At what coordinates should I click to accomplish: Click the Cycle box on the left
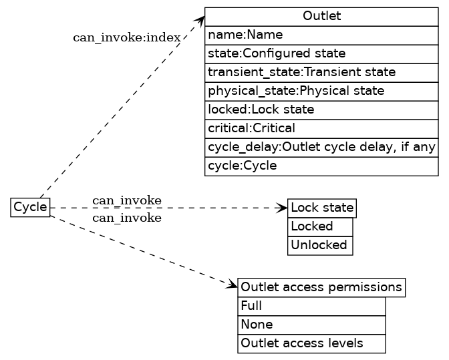pos(31,208)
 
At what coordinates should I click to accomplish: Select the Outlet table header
pos(321,16)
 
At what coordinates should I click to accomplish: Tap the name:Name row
pos(321,35)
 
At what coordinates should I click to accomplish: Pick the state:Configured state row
pos(321,53)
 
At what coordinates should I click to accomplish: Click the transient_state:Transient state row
pos(321,71)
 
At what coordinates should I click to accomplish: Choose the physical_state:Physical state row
pos(321,90)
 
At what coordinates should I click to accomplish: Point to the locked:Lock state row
pos(321,109)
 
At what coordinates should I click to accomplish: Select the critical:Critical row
pos(321,128)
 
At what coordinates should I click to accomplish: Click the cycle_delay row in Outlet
pos(321,146)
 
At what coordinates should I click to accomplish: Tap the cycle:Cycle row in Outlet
pos(321,165)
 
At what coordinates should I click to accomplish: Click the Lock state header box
pos(322,208)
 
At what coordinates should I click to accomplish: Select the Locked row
pos(320,226)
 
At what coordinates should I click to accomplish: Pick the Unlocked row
pos(320,245)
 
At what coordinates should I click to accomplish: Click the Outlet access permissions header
pos(321,288)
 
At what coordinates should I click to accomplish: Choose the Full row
pos(312,307)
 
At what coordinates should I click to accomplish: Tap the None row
pos(312,325)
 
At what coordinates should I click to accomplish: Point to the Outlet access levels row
pos(312,343)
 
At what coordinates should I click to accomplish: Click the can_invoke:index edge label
pos(126,37)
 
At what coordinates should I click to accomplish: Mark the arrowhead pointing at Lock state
pos(283,208)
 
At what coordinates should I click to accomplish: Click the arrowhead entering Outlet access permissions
pos(233,287)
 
